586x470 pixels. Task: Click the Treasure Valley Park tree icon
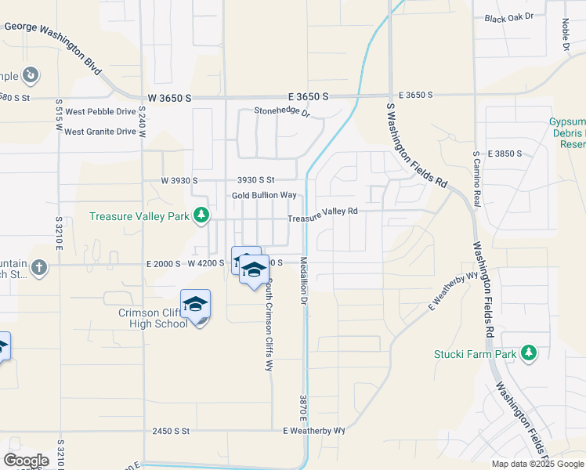(x=201, y=215)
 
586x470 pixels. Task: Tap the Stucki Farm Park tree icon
(x=530, y=353)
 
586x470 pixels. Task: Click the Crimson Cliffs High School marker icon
(x=195, y=305)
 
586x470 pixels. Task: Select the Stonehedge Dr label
(x=282, y=112)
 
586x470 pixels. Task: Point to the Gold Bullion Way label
(x=264, y=195)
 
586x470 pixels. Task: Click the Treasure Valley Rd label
(x=322, y=213)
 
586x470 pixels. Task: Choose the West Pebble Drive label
(x=100, y=112)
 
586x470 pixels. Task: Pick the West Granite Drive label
(x=100, y=132)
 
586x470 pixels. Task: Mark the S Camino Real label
(x=476, y=175)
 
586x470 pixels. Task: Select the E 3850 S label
(x=505, y=154)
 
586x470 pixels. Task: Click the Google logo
(x=26, y=460)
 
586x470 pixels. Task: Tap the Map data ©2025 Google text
(x=537, y=464)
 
